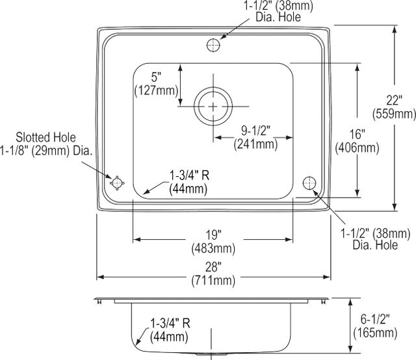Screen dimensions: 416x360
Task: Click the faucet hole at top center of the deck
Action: tap(213, 45)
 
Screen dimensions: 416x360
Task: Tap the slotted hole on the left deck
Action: tap(117, 183)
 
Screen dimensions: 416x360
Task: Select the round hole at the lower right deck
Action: tap(309, 183)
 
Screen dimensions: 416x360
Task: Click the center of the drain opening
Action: tap(213, 107)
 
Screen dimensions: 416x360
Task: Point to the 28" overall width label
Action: tap(213, 267)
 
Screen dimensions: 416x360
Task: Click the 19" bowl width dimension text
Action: tap(214, 235)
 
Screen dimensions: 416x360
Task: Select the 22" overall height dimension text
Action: tap(394, 101)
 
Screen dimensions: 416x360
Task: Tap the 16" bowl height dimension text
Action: tap(357, 135)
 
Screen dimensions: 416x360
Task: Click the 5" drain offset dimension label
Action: tap(156, 77)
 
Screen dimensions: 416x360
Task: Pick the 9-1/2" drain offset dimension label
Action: tap(255, 131)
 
